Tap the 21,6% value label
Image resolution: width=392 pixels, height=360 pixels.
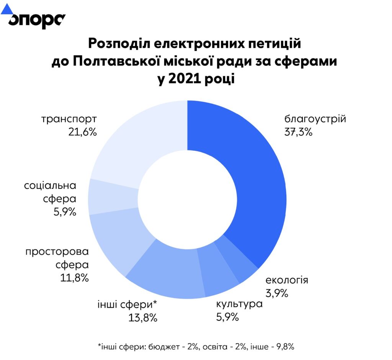[x=81, y=132]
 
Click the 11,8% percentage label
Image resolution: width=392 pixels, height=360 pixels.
[x=75, y=277]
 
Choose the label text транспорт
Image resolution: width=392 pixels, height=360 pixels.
[x=69, y=119]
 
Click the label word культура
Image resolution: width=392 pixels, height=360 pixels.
[x=239, y=305]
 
